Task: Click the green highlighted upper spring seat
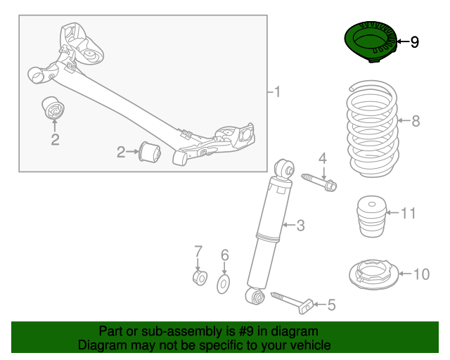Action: (x=370, y=42)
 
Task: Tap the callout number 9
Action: (x=414, y=42)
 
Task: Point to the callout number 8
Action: (x=415, y=121)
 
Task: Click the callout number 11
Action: (x=409, y=212)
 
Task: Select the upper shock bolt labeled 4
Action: (x=320, y=181)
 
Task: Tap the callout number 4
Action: (x=323, y=157)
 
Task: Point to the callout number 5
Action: (x=332, y=305)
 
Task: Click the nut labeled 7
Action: (x=199, y=279)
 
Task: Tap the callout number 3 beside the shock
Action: (x=300, y=225)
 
